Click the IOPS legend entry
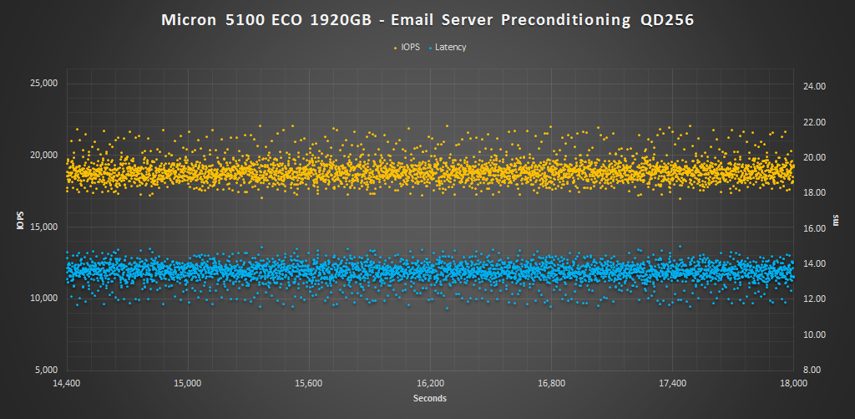pyautogui.click(x=410, y=47)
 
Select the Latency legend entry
pyautogui.click(x=451, y=47)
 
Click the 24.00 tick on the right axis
pyautogui.click(x=814, y=86)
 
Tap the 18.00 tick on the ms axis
pyautogui.click(x=814, y=192)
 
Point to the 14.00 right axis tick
pyautogui.click(x=814, y=263)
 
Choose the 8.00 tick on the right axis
pyautogui.click(x=816, y=370)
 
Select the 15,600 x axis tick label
pyautogui.click(x=309, y=383)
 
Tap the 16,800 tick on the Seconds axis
pyautogui.click(x=551, y=383)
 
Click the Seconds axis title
pyautogui.click(x=429, y=398)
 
